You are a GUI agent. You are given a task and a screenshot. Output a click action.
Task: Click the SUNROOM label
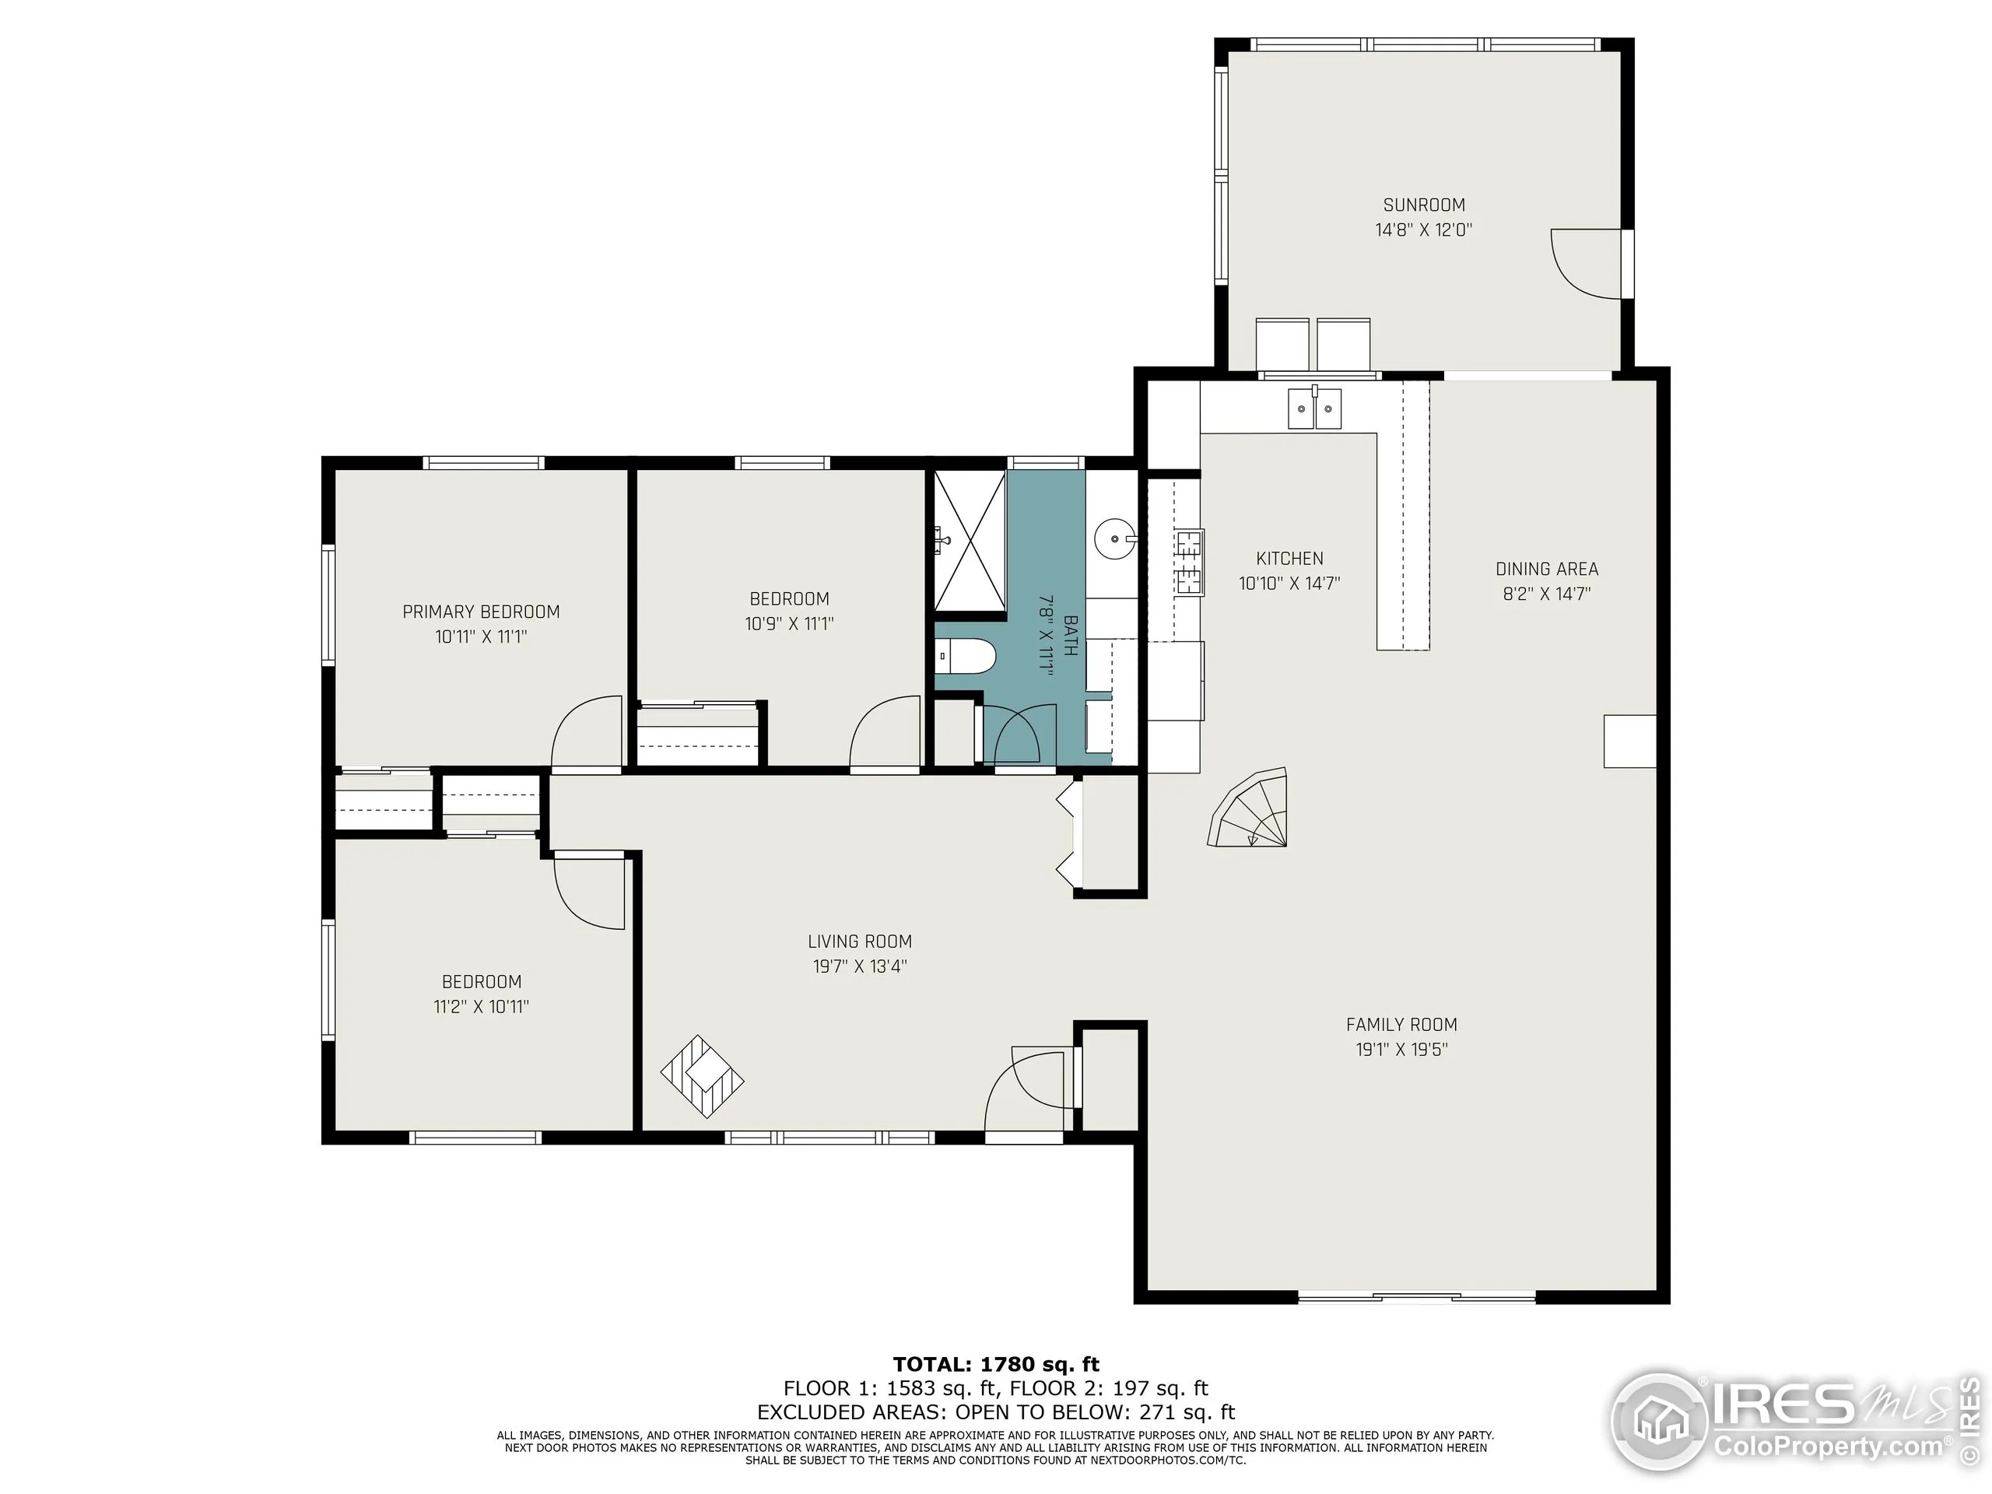1424,205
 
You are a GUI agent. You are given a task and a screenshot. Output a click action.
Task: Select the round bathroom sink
1115,539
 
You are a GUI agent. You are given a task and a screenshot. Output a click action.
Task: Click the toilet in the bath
964,657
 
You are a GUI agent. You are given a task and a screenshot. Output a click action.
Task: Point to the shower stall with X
970,540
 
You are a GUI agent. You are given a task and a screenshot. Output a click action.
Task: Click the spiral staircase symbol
1252,808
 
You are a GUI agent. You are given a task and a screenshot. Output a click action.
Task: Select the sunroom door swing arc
1583,263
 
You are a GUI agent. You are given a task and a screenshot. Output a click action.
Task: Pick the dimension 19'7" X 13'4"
859,966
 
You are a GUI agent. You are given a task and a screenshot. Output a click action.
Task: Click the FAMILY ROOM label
1401,1024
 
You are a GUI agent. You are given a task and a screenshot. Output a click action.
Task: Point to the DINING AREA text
1546,569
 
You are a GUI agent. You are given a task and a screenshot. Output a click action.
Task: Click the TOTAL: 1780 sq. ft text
995,1364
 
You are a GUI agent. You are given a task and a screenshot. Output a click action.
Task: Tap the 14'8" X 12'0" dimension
1423,230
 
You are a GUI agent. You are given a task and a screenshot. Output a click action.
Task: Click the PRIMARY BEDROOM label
481,612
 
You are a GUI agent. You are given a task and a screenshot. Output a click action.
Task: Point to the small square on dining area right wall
1629,741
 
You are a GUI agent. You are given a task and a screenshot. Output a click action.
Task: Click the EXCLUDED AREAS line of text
995,1412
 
